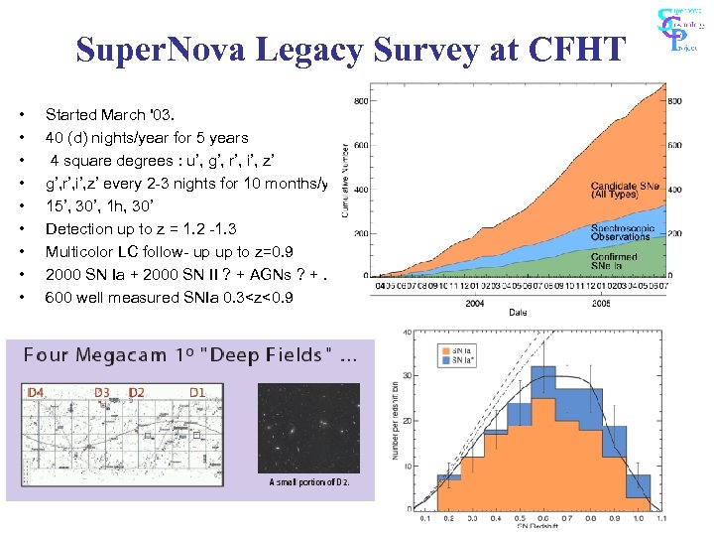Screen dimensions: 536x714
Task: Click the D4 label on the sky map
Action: coord(36,393)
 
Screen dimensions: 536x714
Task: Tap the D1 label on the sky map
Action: coord(197,393)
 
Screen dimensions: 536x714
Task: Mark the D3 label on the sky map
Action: coord(102,393)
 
